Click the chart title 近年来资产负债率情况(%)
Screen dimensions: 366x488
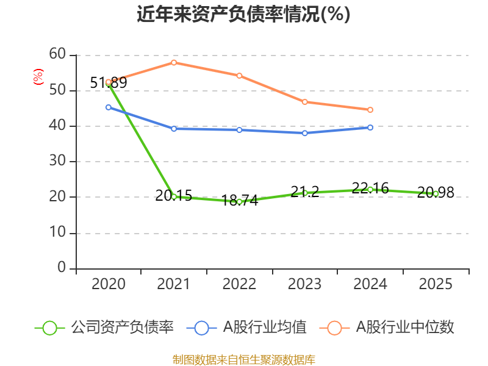[243, 15]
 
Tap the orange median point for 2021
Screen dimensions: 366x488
[174, 62]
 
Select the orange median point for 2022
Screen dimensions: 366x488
[239, 76]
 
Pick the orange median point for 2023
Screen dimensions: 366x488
[304, 101]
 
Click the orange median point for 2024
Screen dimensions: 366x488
[370, 110]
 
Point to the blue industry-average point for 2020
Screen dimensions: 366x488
[109, 107]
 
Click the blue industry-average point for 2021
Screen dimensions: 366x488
[174, 129]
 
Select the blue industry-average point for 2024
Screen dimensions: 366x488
[370, 127]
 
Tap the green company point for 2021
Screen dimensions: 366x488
[174, 196]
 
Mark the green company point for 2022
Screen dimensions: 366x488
[239, 201]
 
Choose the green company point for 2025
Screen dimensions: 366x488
[436, 193]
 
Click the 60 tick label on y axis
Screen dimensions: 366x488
[57, 54]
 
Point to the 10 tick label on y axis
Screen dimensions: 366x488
[57, 232]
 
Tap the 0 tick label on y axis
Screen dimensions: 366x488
[62, 268]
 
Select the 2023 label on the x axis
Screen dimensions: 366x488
[304, 284]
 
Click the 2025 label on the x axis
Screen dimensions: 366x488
[436, 284]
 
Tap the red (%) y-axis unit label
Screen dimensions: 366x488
[38, 77]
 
